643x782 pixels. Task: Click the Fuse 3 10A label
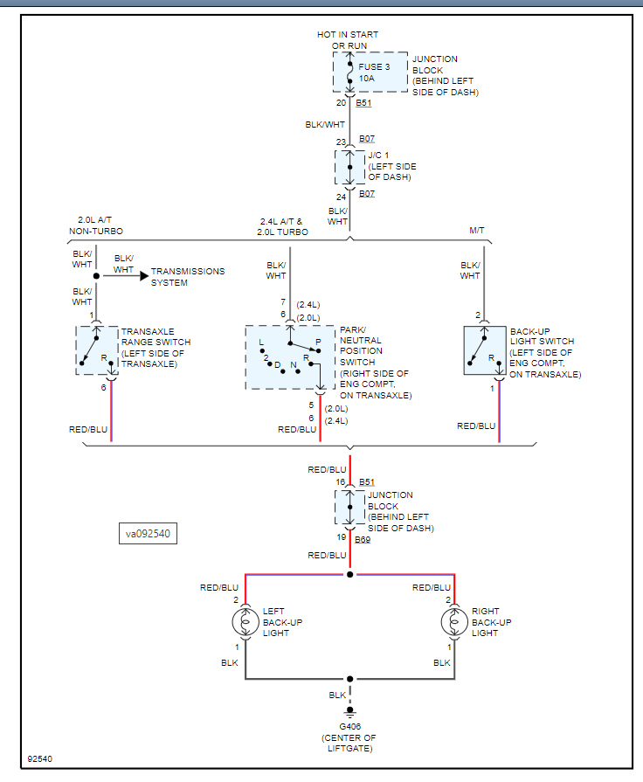click(x=374, y=73)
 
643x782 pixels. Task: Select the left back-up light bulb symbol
click(x=245, y=622)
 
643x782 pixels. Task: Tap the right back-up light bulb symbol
click(x=454, y=622)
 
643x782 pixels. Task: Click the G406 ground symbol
click(x=350, y=712)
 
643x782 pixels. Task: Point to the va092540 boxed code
click(x=148, y=534)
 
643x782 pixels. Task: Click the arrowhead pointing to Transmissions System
click(x=144, y=276)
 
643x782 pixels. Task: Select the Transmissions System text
click(x=188, y=277)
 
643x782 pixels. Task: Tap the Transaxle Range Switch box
click(x=97, y=350)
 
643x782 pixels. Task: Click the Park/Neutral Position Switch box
click(x=290, y=357)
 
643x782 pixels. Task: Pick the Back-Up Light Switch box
click(x=485, y=350)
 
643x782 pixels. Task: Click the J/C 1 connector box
click(x=349, y=167)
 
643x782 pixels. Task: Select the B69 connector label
click(x=363, y=540)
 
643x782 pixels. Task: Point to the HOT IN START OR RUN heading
click(x=348, y=40)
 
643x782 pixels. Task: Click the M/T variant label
click(x=477, y=231)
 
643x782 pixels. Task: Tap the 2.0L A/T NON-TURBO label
click(x=96, y=225)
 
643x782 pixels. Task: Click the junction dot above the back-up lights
click(x=350, y=575)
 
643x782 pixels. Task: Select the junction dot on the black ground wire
click(x=350, y=679)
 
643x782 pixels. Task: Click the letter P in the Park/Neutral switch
click(x=318, y=343)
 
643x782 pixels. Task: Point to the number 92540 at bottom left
click(x=40, y=759)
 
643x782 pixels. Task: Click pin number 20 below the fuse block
click(x=342, y=103)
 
